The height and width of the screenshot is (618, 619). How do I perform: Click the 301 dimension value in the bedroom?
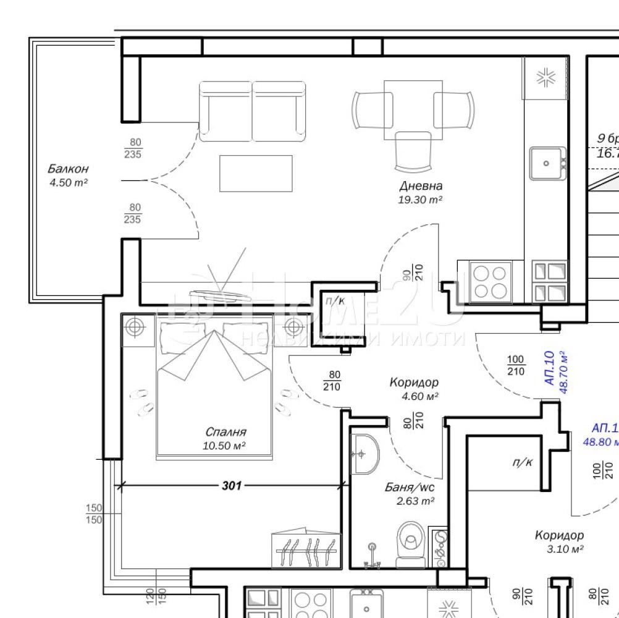[232, 486]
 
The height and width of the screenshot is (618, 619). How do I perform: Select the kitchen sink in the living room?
[546, 163]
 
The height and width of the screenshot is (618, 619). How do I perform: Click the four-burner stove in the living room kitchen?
[489, 281]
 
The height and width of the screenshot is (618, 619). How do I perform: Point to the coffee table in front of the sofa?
[256, 173]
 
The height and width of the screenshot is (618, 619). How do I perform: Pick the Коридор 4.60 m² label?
[414, 389]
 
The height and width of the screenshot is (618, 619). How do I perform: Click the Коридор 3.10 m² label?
[558, 542]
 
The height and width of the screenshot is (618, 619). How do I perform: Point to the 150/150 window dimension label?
[93, 514]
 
